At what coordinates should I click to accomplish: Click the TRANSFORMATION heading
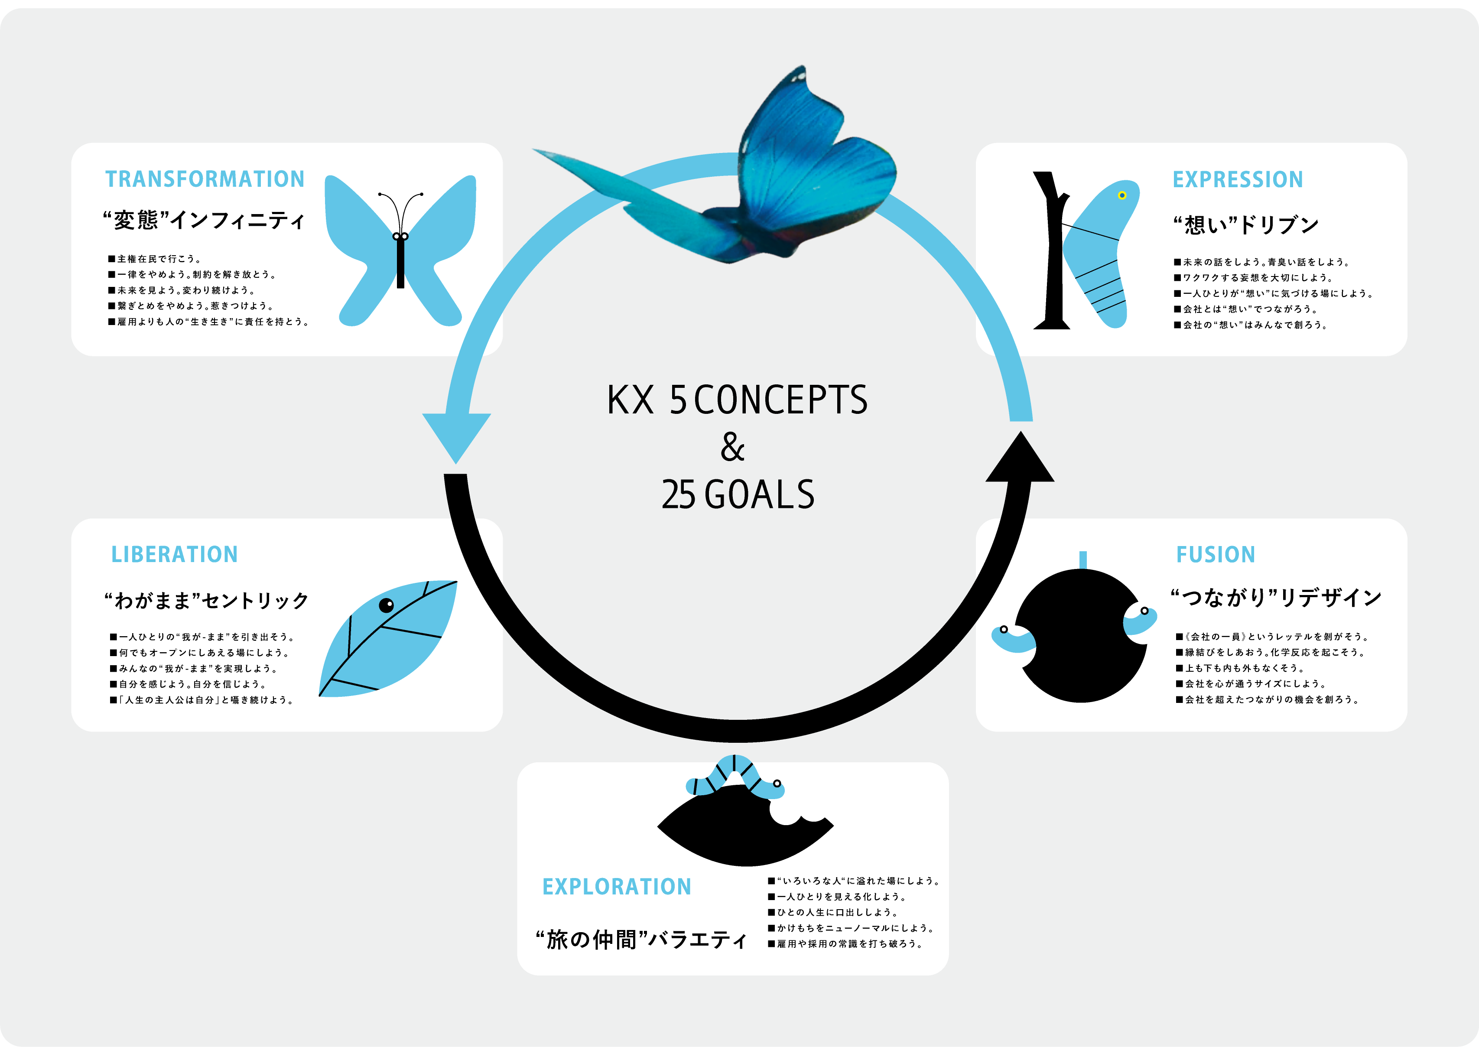click(x=205, y=179)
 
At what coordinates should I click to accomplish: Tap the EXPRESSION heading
click(x=1237, y=179)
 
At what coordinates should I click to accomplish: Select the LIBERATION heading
click(x=174, y=554)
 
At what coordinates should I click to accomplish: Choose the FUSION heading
click(x=1215, y=554)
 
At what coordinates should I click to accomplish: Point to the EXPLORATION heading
click(x=616, y=887)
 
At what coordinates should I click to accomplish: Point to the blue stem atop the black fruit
click(x=1083, y=559)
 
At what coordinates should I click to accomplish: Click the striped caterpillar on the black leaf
click(x=735, y=777)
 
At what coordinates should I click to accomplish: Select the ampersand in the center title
click(x=732, y=447)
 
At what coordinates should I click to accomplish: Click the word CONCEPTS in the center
click(x=780, y=400)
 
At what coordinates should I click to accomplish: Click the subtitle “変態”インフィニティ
click(x=204, y=221)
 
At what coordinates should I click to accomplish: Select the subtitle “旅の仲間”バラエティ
click(x=641, y=940)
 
